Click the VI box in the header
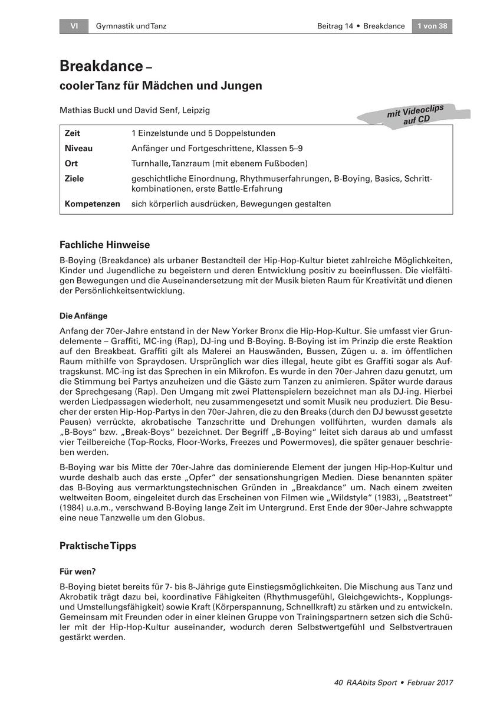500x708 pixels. (x=74, y=26)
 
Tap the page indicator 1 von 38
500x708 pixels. (x=432, y=26)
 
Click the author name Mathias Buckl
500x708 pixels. (x=84, y=110)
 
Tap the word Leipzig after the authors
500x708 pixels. (x=196, y=110)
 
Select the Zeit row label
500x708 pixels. (x=73, y=133)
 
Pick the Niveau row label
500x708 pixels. (x=78, y=148)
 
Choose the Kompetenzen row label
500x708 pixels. (x=93, y=204)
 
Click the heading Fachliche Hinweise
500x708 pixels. (x=105, y=244)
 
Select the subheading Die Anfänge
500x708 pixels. (x=84, y=316)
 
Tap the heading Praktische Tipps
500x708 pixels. (x=98, y=546)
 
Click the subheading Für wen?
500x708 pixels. (x=78, y=571)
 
